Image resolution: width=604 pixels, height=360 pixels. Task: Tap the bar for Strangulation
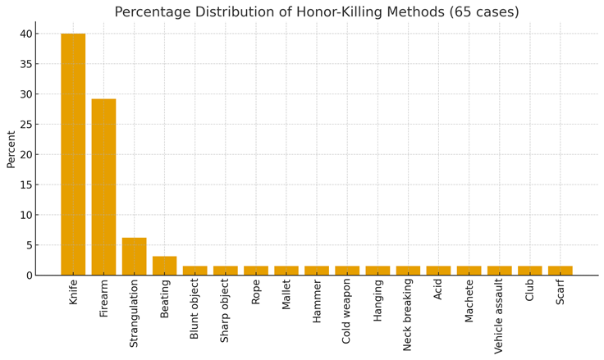[x=134, y=256]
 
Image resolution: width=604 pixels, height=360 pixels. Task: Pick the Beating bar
[x=164, y=266]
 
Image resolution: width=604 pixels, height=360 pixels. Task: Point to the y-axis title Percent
[x=11, y=149]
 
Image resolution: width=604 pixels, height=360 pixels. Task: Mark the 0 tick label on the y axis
[x=28, y=276]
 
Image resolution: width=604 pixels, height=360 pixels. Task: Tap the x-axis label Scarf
[x=560, y=293]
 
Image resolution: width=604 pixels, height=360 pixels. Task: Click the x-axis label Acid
[x=438, y=290]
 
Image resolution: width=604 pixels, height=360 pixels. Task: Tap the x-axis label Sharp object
[x=225, y=311]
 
